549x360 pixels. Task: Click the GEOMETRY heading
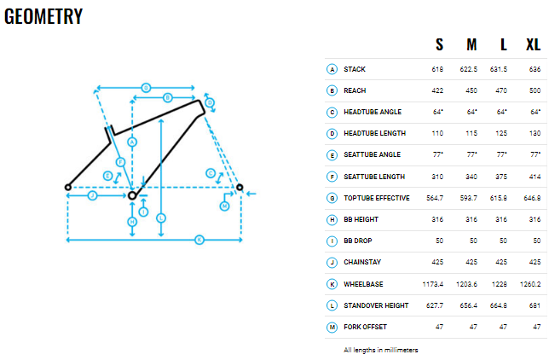43,16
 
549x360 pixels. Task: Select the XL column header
534,44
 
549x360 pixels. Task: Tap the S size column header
439,44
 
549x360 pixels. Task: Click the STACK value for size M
469,69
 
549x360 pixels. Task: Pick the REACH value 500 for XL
535,90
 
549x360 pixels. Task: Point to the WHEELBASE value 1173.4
433,284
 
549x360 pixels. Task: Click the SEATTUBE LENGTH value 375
501,177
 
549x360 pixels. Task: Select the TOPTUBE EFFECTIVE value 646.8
532,198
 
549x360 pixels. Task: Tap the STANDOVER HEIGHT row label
376,305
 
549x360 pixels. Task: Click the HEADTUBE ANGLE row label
373,112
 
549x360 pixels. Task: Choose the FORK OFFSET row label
365,327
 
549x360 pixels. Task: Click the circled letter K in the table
332,284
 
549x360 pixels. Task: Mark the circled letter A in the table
332,69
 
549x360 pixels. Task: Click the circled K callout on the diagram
199,240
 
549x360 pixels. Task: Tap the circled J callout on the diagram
92,195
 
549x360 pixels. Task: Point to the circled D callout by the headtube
210,102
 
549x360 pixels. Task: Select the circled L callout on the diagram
161,218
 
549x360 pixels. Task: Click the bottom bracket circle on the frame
132,195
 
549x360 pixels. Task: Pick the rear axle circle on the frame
68,187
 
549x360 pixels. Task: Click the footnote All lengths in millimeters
381,350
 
